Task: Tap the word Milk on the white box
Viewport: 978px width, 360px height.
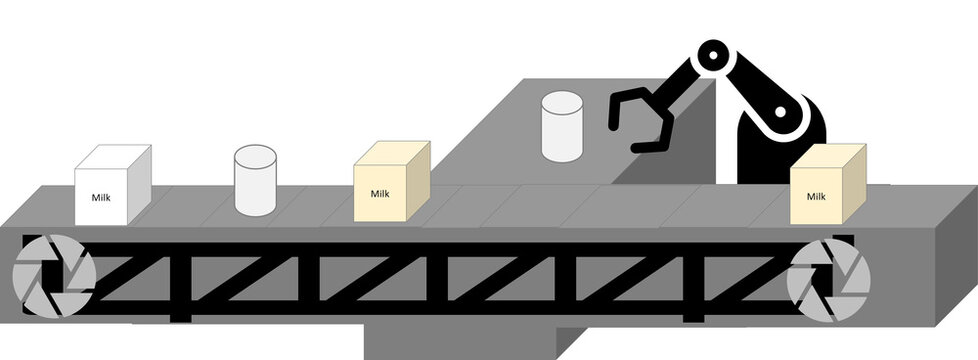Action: coord(102,198)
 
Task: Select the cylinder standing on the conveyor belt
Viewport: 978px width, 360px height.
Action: coord(255,182)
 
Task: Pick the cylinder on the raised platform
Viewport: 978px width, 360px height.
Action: coord(562,128)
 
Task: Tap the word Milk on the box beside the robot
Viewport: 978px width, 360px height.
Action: coord(816,197)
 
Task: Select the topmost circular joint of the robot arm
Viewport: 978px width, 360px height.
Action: coord(713,57)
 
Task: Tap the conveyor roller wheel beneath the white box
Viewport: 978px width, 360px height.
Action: coord(54,277)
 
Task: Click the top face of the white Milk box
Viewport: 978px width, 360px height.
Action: coord(114,158)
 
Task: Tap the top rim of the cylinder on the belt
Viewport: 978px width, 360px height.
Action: coord(255,156)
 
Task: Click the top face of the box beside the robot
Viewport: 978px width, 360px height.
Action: coord(829,156)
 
